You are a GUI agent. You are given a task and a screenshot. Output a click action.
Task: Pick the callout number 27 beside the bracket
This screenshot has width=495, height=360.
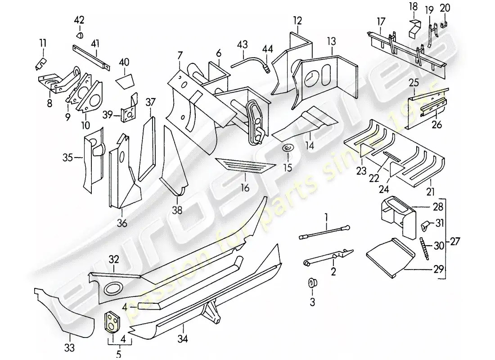coord(455,240)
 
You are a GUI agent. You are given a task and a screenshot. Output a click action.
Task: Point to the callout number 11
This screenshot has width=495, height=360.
coord(43,43)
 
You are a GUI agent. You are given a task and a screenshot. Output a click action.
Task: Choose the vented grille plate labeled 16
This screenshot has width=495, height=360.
coord(245,166)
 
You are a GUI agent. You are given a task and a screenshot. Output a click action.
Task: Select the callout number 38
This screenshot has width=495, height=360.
coord(177,210)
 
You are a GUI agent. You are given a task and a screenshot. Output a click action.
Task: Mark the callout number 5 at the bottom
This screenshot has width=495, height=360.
coord(119,355)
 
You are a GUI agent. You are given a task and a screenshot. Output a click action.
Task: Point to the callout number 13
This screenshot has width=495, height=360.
coord(331,41)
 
